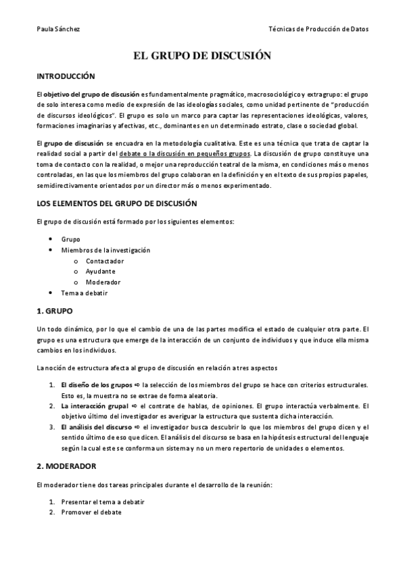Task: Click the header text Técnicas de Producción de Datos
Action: (x=318, y=29)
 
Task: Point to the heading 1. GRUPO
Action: (x=53, y=312)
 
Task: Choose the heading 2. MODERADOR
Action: (x=66, y=466)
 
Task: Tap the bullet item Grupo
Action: (x=71, y=239)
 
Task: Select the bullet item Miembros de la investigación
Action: (x=105, y=250)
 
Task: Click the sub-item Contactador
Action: (x=105, y=261)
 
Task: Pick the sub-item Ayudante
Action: (x=101, y=272)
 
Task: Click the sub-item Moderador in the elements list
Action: (x=103, y=282)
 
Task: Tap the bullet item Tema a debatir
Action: (x=85, y=293)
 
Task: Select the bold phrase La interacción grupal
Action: (x=94, y=406)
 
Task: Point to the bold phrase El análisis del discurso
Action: (x=97, y=428)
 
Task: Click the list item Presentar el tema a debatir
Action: (x=102, y=502)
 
